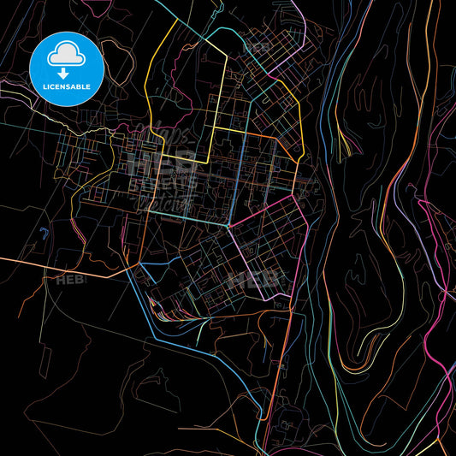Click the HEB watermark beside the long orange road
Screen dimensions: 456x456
coord(70,279)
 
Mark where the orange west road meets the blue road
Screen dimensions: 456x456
coord(137,266)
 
